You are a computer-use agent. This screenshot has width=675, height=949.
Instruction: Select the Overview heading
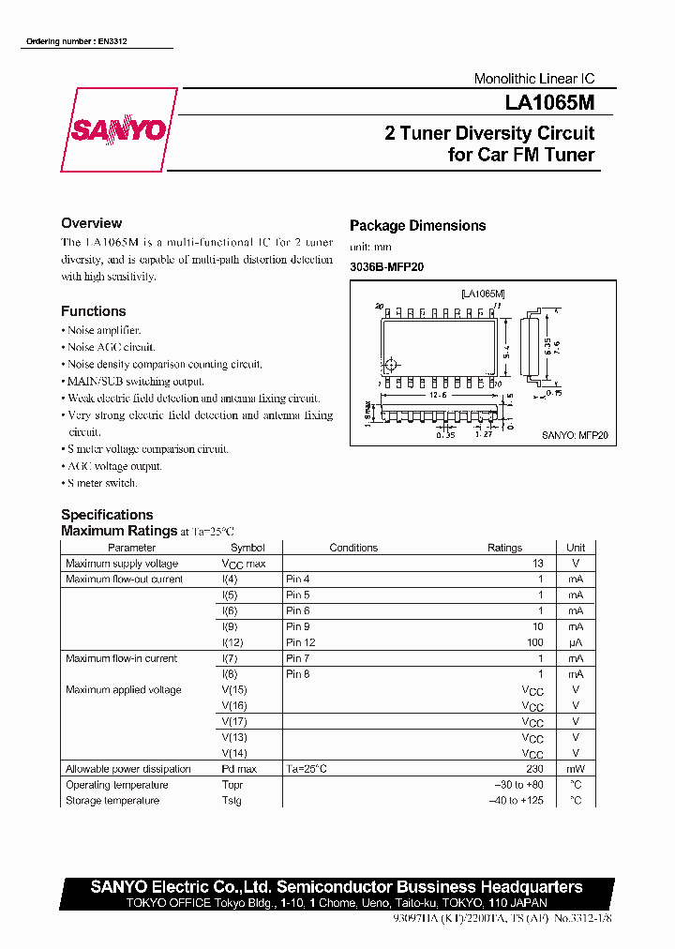[91, 223]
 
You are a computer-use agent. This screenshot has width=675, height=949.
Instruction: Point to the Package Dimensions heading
[417, 225]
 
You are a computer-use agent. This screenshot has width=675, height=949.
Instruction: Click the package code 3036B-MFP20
[386, 267]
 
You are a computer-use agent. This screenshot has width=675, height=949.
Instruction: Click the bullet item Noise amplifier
[103, 330]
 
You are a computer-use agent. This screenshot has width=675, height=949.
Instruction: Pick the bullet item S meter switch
[102, 483]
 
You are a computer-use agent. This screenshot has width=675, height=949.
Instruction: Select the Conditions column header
[353, 548]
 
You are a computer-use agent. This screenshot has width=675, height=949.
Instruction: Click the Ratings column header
[504, 548]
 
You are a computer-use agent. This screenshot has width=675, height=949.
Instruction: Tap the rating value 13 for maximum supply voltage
[538, 564]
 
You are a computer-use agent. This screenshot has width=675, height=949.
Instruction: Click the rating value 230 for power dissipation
[534, 769]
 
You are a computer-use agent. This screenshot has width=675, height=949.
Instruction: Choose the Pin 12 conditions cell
[300, 642]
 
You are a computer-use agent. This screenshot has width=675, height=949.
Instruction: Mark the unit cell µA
[575, 642]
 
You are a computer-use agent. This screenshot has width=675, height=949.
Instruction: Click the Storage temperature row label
[112, 801]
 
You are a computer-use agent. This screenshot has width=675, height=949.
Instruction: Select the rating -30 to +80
[519, 785]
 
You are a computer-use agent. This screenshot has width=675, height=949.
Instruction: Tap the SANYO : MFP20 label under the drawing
[575, 435]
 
